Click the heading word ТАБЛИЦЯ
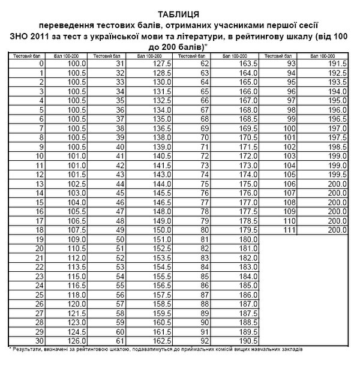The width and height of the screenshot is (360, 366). pos(179,13)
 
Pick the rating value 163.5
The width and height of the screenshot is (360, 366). pos(248,63)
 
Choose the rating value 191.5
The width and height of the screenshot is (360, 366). pos(338,63)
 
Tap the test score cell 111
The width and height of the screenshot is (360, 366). pos(290,230)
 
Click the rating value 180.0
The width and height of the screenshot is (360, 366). pos(248,239)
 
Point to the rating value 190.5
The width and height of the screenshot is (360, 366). pos(248,340)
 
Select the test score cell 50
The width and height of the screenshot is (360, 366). pos(119,239)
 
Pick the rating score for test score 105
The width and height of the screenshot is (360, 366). pos(338,174)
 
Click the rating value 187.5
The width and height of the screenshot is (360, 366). pos(248,313)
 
